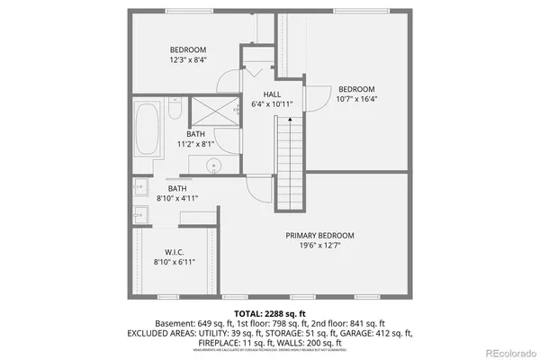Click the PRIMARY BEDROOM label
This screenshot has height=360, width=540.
[314, 235]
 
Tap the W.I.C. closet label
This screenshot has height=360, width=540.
[175, 251]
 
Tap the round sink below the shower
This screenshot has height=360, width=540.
[214, 165]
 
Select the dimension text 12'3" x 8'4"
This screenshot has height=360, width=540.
[188, 59]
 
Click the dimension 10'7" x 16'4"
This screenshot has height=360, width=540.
[356, 99]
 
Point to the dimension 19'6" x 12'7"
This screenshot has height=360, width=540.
[314, 245]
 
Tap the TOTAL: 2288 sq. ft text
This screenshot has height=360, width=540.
[270, 314]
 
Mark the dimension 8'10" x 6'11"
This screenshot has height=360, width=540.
[175, 262]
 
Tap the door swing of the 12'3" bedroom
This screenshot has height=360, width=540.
[229, 82]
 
